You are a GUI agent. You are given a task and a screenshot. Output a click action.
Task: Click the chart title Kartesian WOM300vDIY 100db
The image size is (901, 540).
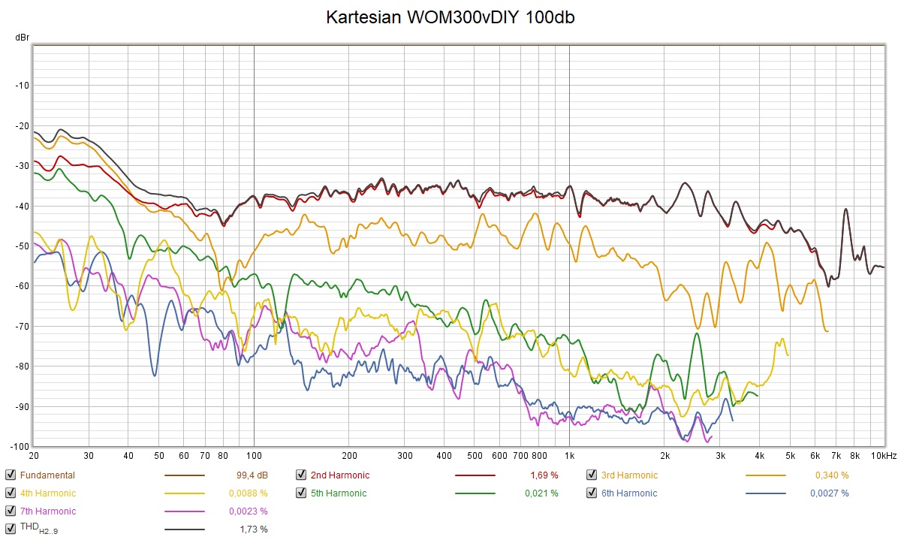coord(450,17)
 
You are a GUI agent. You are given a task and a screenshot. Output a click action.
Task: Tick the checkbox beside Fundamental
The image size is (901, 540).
coord(10,475)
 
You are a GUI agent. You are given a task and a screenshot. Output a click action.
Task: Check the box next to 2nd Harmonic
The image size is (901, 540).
coord(300,475)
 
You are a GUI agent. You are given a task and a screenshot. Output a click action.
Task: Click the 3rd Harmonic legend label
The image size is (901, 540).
coord(628,475)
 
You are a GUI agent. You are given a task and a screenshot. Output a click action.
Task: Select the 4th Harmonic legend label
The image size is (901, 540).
coord(47,493)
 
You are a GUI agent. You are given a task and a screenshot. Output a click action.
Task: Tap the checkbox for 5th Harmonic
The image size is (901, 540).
coord(300,493)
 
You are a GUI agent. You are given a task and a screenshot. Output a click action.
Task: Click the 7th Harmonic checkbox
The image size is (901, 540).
coord(10,511)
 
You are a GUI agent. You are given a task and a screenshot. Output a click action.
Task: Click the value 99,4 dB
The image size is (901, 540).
coord(252,475)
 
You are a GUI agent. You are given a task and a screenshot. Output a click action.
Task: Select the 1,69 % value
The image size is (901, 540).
coord(544,475)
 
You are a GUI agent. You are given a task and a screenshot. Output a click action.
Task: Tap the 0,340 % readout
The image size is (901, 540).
coord(832,475)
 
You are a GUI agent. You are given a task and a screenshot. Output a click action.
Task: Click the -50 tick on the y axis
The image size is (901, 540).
coord(21,246)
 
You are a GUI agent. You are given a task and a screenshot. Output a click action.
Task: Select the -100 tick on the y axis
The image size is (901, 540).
coord(19,446)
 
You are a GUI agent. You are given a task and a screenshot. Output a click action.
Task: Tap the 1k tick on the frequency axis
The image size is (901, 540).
coord(569,456)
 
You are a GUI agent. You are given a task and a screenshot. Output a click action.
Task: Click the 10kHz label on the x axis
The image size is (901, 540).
coord(883,456)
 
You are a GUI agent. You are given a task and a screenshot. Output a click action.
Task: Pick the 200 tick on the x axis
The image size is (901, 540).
coord(348,456)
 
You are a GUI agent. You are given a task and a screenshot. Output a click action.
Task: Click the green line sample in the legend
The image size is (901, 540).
coord(475,493)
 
